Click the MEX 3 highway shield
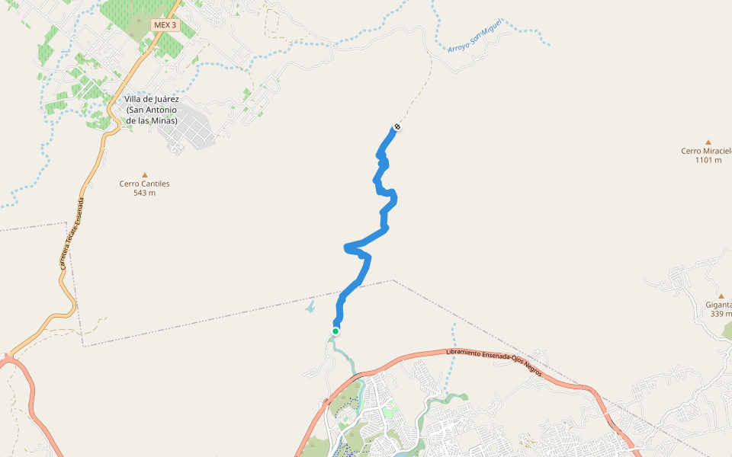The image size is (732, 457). pos(165,25)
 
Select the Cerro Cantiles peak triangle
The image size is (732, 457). pos(144,174)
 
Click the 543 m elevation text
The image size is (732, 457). pos(144,193)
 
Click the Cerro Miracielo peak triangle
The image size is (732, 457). pos(708,142)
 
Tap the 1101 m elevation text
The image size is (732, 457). pos(708,160)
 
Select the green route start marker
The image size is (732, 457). pos(335,331)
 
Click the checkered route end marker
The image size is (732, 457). pos(396,127)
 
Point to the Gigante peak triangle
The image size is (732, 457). pos(721,296)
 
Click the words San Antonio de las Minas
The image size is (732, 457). pos(152,115)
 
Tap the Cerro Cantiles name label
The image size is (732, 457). pos(144,184)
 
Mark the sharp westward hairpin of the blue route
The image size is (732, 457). pos(348,246)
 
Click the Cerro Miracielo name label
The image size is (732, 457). pos(707,151)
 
